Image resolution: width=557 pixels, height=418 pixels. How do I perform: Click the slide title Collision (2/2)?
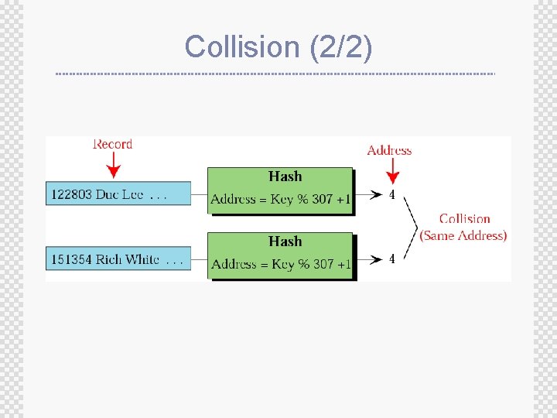pos(278,46)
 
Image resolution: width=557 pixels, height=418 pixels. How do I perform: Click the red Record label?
pos(113,144)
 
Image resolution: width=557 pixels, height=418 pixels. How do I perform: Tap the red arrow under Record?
pos(114,165)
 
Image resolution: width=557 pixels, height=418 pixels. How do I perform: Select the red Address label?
pos(389,150)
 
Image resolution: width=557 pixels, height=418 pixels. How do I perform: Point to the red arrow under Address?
pos(392,170)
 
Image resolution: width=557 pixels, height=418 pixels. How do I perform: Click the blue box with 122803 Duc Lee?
pos(119,194)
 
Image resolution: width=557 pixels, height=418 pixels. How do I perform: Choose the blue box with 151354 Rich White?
pos(119,259)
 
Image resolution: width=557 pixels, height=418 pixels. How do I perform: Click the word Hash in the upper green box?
pos(285,176)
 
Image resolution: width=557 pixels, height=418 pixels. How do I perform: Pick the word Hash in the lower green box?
pos(285,242)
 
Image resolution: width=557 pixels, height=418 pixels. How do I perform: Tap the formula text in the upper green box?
pos(281,199)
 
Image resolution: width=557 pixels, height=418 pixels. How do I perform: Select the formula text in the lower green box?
pos(281,264)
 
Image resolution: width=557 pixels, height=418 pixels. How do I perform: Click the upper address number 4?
pos(391,195)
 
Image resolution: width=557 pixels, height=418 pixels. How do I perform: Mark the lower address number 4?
pos(391,259)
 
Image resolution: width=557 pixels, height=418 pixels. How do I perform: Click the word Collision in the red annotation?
pos(465,219)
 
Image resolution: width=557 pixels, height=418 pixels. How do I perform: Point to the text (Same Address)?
pos(463,235)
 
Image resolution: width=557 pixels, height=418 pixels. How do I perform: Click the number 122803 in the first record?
pos(72,194)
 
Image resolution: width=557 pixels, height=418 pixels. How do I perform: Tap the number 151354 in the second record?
pos(72,259)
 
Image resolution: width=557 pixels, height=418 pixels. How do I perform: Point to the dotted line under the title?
pos(275,74)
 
